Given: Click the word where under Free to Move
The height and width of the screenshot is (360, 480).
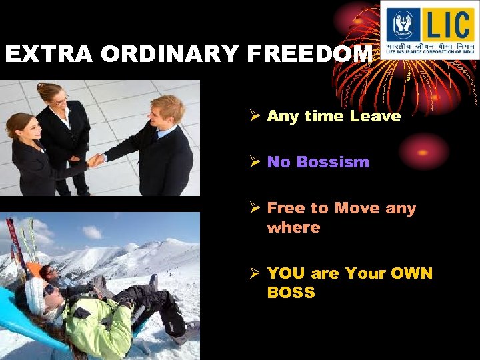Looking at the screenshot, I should pyautogui.click(x=293, y=227).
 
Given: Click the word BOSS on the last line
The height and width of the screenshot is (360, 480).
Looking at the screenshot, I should pyautogui.click(x=291, y=293).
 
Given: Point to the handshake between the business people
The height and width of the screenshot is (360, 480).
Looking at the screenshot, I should pyautogui.click(x=96, y=160).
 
